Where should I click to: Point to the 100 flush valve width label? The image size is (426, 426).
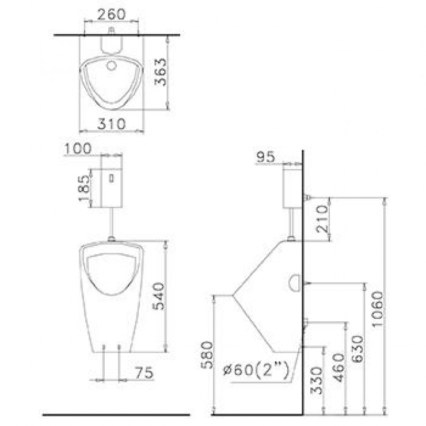78,148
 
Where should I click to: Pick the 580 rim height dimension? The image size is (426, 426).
207,355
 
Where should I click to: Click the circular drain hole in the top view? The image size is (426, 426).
111,64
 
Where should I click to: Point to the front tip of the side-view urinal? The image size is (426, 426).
232,295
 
